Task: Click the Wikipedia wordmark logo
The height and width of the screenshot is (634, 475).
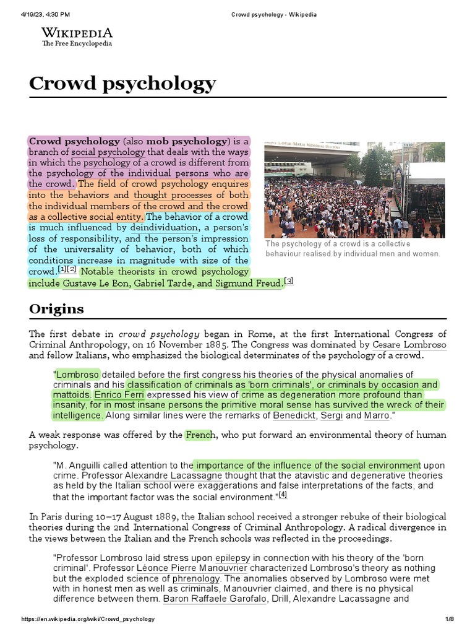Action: [77, 32]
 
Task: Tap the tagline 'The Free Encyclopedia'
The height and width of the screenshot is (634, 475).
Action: [77, 44]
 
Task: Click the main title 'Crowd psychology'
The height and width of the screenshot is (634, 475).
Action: [122, 83]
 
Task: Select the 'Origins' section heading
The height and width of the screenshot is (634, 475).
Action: [56, 308]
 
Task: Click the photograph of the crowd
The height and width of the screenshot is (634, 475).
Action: [354, 189]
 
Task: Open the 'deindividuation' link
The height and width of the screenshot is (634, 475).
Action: [163, 228]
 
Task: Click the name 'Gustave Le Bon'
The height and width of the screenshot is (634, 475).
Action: [96, 284]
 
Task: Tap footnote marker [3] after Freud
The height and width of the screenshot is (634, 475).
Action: [288, 282]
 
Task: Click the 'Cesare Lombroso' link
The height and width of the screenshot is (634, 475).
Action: [409, 344]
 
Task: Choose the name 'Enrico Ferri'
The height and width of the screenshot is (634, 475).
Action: [120, 394]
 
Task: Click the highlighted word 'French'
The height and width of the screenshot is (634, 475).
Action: [199, 435]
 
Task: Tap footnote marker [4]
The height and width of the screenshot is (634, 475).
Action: [283, 495]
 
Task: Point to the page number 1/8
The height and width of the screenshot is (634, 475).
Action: [450, 619]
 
